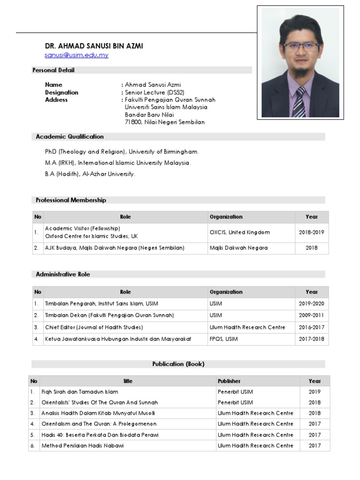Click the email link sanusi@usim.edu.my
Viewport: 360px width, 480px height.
click(76, 55)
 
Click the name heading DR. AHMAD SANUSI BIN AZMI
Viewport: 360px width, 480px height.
click(94, 46)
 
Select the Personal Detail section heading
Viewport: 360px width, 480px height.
click(53, 70)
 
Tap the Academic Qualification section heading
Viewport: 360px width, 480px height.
click(70, 137)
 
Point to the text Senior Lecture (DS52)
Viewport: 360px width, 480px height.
click(149, 92)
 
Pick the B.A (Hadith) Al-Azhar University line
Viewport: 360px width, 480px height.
click(90, 174)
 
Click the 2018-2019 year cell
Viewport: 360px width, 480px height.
click(311, 232)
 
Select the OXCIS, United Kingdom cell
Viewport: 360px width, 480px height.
click(240, 232)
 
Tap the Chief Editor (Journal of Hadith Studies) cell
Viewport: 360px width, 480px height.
click(94, 327)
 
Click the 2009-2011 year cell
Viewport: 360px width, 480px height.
click(311, 315)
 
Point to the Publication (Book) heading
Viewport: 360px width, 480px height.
click(178, 364)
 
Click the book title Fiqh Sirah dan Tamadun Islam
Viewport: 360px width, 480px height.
click(80, 392)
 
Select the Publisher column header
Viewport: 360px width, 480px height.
click(229, 381)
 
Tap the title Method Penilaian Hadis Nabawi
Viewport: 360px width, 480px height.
click(82, 446)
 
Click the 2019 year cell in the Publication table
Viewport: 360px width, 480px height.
click(315, 392)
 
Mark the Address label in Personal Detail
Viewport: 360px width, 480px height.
click(56, 100)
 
